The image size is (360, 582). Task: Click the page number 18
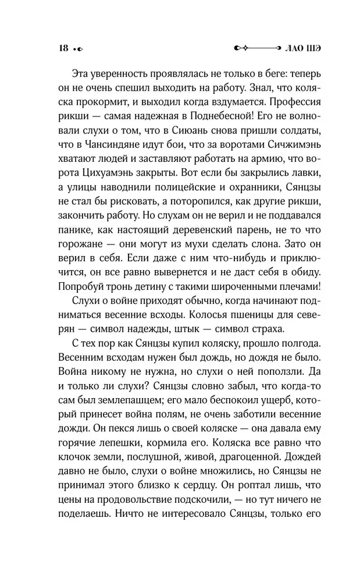(63, 48)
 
